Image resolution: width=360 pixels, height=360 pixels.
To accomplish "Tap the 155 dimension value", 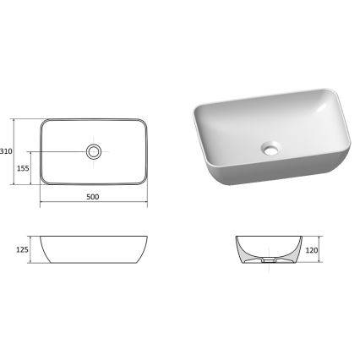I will click(x=24, y=169).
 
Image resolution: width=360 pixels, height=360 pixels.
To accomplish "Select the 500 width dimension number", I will click(x=93, y=198).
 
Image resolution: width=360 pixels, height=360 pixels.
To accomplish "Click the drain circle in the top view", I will click(x=94, y=152).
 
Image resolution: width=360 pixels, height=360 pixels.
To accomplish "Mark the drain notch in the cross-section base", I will click(x=267, y=263).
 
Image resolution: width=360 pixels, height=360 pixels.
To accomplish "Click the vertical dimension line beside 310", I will click(x=19, y=152).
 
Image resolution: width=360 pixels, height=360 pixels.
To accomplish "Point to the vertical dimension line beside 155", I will click(x=34, y=169).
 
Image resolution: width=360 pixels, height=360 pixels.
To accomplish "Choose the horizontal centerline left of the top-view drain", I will click(x=63, y=152).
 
